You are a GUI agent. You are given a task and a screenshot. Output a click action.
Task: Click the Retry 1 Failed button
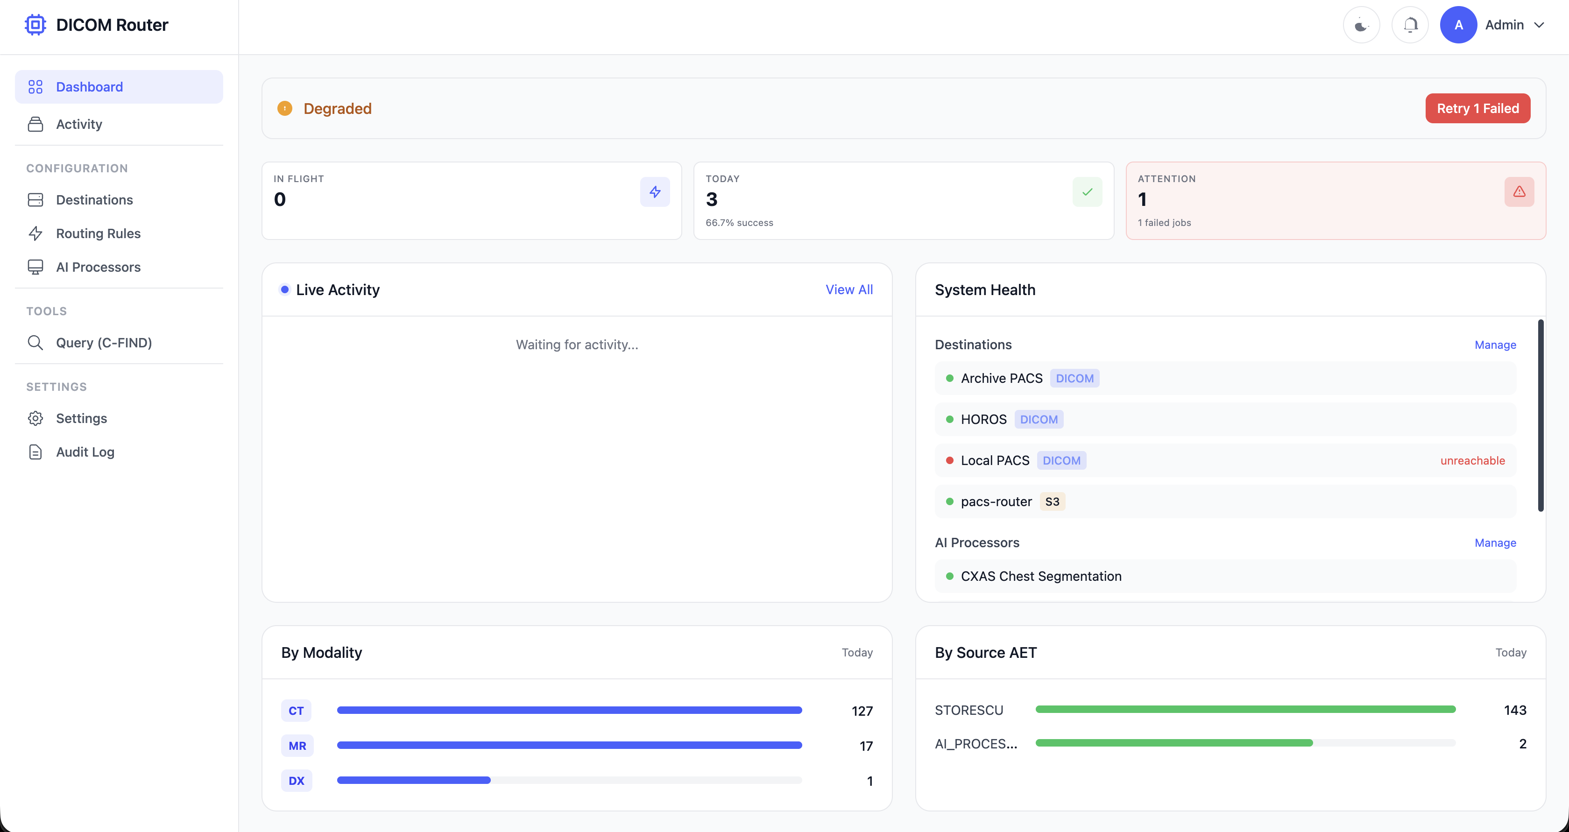(x=1477, y=108)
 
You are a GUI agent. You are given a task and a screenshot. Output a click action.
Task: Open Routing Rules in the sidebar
(x=98, y=233)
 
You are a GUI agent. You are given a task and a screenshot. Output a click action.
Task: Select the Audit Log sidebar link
(x=85, y=452)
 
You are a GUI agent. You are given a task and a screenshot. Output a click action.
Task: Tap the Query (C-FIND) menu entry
(x=104, y=343)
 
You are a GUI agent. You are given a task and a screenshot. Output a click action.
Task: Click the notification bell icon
(x=1410, y=25)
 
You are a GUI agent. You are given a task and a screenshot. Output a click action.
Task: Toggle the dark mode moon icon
(x=1361, y=25)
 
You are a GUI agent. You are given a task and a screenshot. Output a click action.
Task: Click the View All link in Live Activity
(x=848, y=290)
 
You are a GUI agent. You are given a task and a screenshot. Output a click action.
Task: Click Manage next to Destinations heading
(x=1495, y=345)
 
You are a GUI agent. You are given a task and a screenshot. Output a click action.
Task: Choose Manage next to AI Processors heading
(x=1495, y=543)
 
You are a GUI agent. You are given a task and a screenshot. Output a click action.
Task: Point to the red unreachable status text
(x=1472, y=460)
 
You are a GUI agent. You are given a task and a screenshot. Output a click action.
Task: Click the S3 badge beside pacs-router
(x=1052, y=502)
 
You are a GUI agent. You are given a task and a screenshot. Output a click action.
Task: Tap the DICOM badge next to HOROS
(x=1039, y=420)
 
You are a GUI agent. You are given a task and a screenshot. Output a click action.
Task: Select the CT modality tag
(x=296, y=711)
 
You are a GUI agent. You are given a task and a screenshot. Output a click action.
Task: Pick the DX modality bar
(x=414, y=780)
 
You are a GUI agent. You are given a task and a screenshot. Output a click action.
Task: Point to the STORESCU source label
(x=968, y=710)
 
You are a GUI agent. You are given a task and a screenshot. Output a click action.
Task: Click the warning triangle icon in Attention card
(x=1519, y=192)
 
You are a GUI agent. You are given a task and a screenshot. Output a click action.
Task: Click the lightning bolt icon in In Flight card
(x=655, y=192)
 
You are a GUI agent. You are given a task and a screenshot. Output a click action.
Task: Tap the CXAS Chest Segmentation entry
(x=1040, y=576)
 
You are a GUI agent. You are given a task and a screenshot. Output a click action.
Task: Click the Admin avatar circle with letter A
(x=1458, y=25)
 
